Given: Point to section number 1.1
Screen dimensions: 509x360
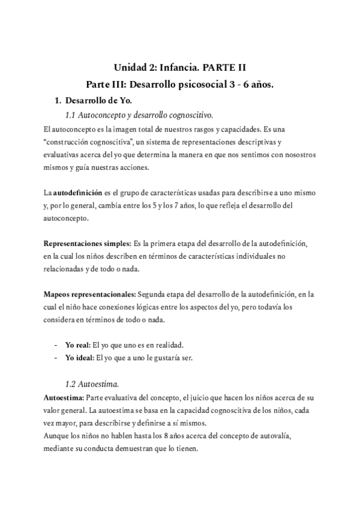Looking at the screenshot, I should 70,114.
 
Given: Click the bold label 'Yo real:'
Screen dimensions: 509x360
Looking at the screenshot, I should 77,346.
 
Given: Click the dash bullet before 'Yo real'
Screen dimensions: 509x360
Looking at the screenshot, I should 56,346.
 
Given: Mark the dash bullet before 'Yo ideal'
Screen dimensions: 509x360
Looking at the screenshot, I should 56,358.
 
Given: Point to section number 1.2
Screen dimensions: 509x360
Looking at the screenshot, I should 70,384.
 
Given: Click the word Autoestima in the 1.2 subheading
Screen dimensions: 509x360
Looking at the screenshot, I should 98,384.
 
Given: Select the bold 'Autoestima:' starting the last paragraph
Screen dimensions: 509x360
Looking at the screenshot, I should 64,397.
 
